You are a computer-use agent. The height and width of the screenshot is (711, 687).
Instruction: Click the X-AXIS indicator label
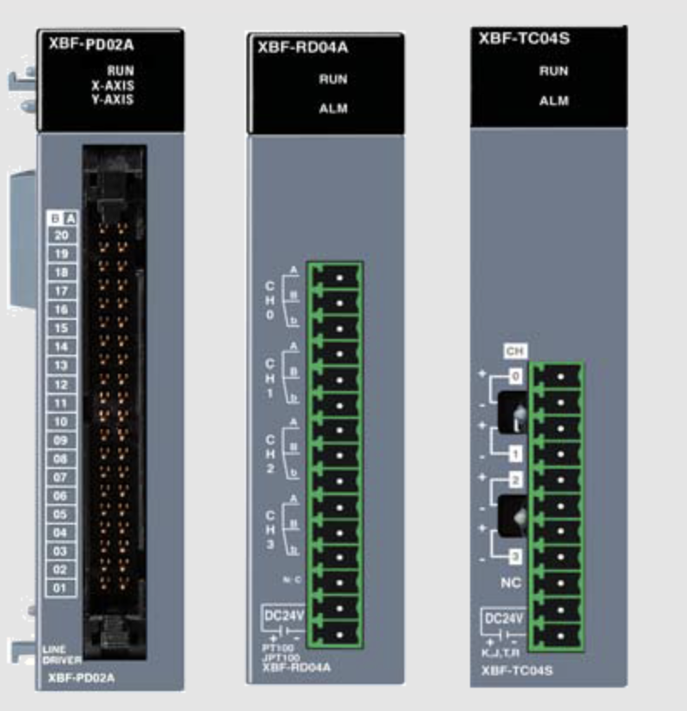click(x=112, y=85)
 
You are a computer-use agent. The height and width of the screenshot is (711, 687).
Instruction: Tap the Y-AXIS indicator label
click(x=112, y=99)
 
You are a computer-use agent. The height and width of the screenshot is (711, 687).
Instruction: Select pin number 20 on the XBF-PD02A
click(x=62, y=235)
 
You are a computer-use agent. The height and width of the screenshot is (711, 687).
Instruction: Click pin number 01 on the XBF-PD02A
click(x=62, y=588)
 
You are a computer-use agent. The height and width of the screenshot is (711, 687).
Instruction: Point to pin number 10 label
click(x=62, y=421)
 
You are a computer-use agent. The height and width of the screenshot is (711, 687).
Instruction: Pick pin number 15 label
click(x=62, y=328)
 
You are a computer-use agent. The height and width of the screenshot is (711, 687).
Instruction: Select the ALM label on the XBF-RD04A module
click(x=333, y=108)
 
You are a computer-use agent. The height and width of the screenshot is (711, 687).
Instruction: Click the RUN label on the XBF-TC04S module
click(x=553, y=71)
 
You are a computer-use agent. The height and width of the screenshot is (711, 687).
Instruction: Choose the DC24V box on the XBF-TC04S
click(x=503, y=619)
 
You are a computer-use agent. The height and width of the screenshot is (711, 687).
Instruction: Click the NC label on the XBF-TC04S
click(x=512, y=584)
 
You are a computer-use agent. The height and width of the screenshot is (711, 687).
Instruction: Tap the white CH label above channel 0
click(x=515, y=352)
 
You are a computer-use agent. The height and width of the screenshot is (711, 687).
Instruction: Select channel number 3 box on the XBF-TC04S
click(x=515, y=556)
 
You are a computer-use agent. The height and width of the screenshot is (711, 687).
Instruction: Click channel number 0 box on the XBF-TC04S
click(x=515, y=377)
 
